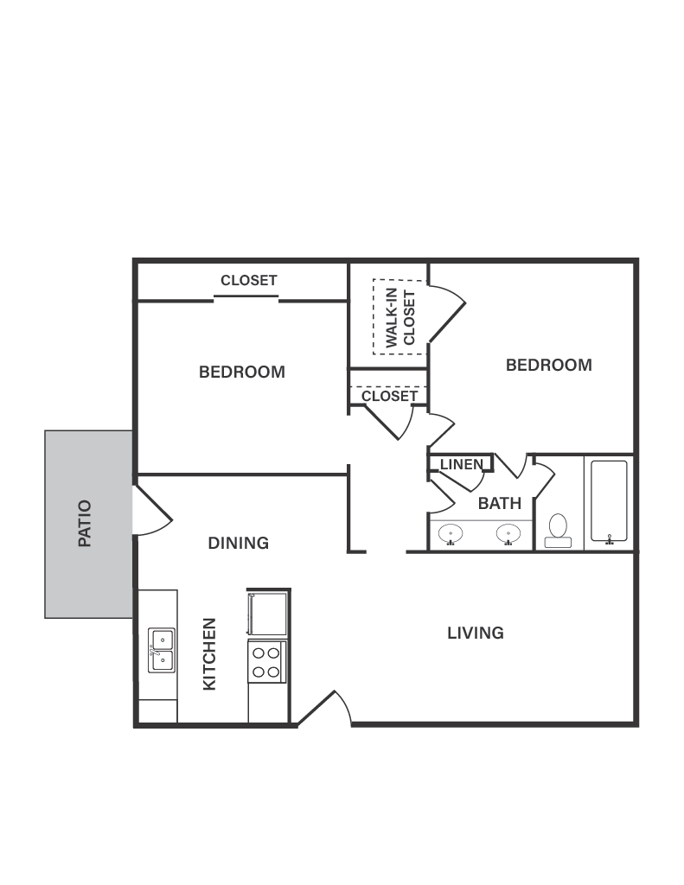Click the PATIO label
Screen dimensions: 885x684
tap(85, 524)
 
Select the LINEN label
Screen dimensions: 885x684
tap(461, 465)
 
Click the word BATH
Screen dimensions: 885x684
tap(500, 503)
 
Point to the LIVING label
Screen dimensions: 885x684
tap(476, 633)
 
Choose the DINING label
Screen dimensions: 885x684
tap(239, 543)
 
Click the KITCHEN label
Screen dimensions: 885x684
tap(209, 653)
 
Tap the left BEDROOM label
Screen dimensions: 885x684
tap(242, 372)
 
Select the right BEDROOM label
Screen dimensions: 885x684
tap(549, 365)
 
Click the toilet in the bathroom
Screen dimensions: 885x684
tap(558, 530)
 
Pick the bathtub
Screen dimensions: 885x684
tap(609, 501)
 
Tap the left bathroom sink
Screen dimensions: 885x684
tap(450, 533)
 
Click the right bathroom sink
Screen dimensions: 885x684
tap(508, 533)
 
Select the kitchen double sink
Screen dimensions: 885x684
tap(160, 650)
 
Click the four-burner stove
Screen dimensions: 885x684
tap(265, 662)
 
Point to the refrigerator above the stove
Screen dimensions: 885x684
tap(267, 614)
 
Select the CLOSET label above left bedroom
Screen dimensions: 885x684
tap(249, 280)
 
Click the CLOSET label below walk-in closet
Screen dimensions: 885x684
tap(389, 396)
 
